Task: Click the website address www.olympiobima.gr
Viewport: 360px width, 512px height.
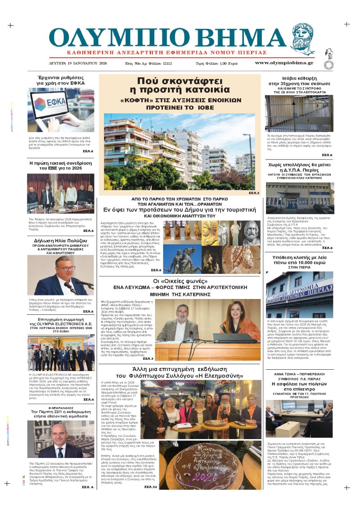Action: (x=284, y=63)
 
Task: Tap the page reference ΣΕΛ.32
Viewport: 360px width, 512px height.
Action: (x=151, y=487)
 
